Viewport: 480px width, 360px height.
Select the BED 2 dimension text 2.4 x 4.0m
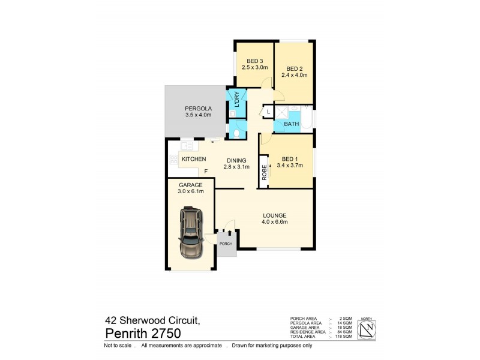[296, 76]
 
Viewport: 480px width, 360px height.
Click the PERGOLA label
[197, 108]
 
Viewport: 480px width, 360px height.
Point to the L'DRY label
[237, 98]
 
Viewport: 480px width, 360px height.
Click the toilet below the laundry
[238, 133]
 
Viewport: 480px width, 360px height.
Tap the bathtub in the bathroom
[307, 118]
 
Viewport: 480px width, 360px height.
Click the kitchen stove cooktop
[174, 160]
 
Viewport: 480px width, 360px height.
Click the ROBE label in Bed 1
[263, 172]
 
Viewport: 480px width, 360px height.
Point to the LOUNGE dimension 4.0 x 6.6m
[274, 223]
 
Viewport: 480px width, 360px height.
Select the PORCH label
[226, 244]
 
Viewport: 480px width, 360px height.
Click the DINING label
[236, 160]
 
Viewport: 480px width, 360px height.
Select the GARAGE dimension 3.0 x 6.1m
[191, 192]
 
